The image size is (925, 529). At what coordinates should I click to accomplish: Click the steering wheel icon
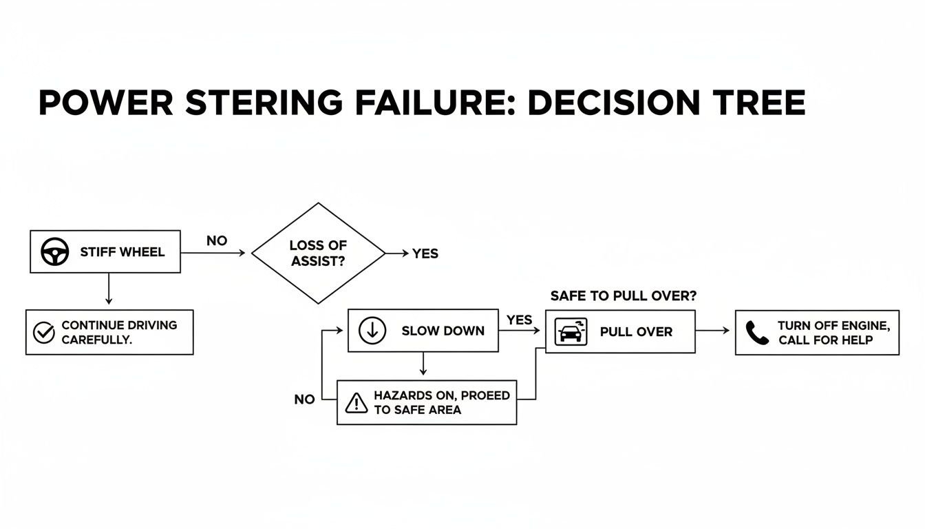pos(55,252)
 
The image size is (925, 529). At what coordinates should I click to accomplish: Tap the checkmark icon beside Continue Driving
pos(44,333)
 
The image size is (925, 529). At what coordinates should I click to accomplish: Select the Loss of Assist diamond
pos(318,253)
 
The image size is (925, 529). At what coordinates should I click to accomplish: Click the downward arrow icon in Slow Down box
pos(372,331)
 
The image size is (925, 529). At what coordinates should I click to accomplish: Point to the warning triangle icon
pos(356,403)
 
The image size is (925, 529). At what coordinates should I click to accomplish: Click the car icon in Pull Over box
pos(571,331)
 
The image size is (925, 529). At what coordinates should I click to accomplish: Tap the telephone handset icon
pos(757,333)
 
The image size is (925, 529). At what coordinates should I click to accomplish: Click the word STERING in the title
pos(264,103)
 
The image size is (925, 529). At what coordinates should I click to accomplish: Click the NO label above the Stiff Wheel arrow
pos(217,241)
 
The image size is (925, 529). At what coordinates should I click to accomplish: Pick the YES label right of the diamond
pos(425,253)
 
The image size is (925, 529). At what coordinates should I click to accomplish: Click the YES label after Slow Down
pos(520,320)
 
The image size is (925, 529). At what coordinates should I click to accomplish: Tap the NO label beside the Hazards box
pos(304,400)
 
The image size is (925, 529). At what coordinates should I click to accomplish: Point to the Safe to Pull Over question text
pos(624,295)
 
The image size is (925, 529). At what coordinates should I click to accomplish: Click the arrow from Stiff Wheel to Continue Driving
pos(109,288)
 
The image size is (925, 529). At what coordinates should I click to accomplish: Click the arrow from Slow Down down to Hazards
pos(423,364)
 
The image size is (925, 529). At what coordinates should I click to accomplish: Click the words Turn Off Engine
pos(833,325)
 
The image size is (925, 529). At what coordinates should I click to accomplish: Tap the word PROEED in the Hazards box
pos(485,395)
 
